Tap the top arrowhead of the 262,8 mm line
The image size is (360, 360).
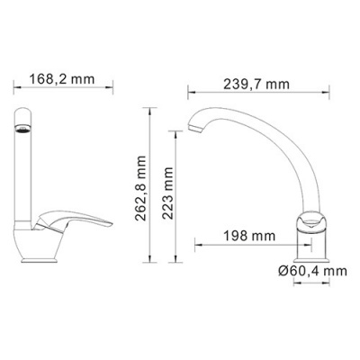[151, 112]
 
